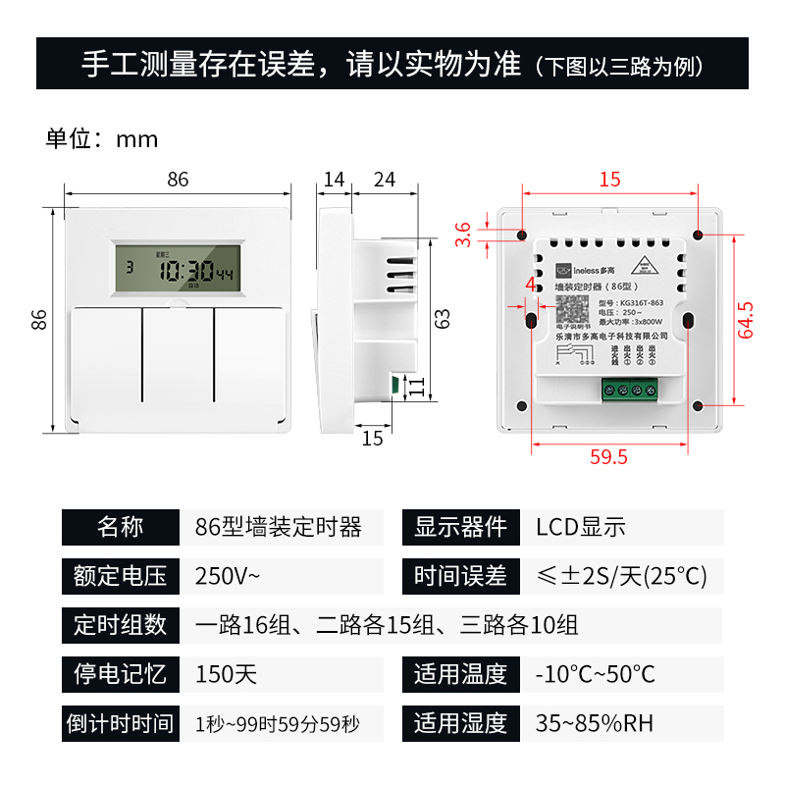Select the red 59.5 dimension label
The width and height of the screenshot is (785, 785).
[608, 456]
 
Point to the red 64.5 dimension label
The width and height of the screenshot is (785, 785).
[748, 320]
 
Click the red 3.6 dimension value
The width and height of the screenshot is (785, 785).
[464, 235]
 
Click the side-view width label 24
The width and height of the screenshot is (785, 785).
[385, 180]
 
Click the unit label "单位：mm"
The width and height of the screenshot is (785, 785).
[102, 138]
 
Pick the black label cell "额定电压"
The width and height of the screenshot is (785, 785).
[120, 576]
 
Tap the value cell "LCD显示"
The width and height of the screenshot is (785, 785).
[580, 527]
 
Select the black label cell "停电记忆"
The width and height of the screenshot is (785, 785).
[120, 674]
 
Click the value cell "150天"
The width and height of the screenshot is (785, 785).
[226, 674]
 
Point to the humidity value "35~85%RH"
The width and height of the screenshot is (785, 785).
[594, 724]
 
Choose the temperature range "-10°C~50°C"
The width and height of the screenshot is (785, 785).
[595, 674]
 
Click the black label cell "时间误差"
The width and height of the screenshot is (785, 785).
[460, 576]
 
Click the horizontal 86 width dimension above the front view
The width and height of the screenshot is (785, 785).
[178, 180]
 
